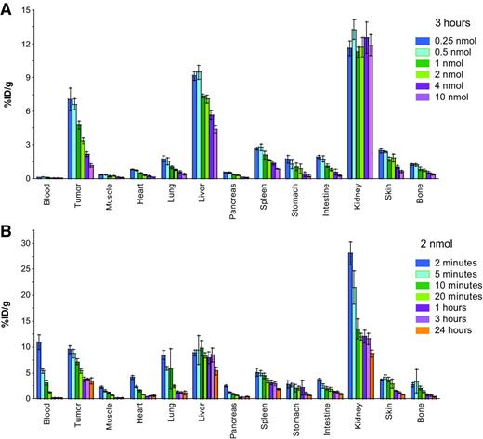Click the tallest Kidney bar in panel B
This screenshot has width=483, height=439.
pyautogui.click(x=350, y=326)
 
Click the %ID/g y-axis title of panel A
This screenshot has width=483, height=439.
pyautogui.click(x=8, y=95)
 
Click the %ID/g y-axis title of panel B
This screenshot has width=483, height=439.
pyautogui.click(x=8, y=316)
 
